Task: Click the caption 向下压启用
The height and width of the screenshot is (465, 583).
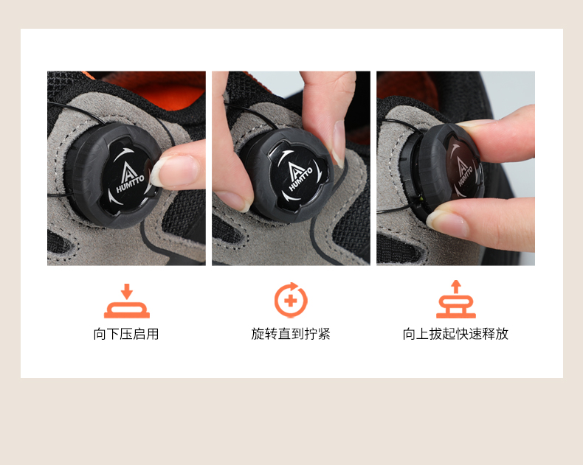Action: (126, 334)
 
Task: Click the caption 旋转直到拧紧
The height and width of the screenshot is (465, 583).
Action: (291, 334)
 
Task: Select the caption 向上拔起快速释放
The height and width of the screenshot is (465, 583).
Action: (455, 334)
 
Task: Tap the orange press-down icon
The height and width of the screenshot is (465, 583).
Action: (127, 301)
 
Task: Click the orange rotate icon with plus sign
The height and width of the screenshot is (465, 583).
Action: (291, 300)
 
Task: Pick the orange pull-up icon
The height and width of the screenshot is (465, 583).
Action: (456, 299)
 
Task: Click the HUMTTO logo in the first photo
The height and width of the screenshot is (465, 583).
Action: (129, 178)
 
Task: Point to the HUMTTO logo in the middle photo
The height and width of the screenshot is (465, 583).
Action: (300, 176)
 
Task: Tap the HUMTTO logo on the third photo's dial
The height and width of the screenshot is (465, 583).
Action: (463, 171)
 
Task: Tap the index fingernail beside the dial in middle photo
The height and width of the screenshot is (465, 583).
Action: (338, 143)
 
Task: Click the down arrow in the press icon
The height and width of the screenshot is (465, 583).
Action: (127, 292)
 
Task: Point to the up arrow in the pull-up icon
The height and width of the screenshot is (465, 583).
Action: (456, 287)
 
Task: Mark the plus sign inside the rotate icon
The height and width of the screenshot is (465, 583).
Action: (290, 301)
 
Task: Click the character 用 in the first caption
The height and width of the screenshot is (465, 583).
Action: (153, 334)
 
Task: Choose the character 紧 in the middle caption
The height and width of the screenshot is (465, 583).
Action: (324, 334)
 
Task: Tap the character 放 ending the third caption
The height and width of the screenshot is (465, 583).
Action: (502, 334)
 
